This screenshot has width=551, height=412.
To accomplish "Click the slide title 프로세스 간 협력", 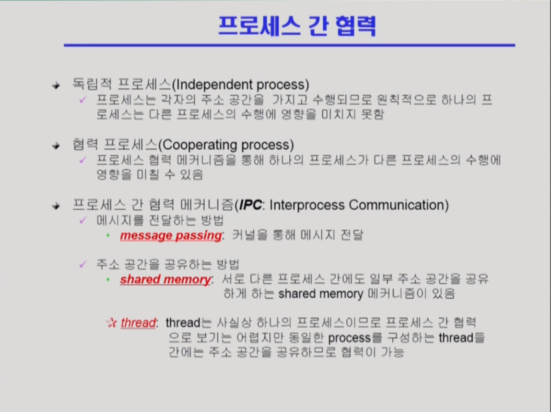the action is pos(297,25).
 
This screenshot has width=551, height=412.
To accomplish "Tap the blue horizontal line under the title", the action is pos(290,45).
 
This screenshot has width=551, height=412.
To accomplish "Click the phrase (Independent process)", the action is pos(241,85).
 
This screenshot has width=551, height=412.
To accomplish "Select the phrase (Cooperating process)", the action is pos(226,145).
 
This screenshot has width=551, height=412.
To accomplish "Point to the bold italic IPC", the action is pos(250,205).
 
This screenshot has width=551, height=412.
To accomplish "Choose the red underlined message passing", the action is pos(171,235).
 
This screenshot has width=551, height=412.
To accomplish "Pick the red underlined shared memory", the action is pos(165,279).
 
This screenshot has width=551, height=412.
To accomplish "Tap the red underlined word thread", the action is pos(138,323).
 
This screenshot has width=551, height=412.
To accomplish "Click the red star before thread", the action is pos(111,323).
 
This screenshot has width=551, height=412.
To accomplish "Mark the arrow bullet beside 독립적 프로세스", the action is pos(56,85).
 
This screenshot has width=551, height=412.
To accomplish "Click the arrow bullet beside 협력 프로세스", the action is pos(56,145).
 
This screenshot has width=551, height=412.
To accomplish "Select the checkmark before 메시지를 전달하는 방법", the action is pos(83,220).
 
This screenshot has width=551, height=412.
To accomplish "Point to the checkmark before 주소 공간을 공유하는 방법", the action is pos(83,264).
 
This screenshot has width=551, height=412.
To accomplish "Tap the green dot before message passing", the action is pos(108,235).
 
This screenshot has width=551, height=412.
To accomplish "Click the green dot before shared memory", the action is pos(108,279).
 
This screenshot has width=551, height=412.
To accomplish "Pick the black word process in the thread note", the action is pos(349,338).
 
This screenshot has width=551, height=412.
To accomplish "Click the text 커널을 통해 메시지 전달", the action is pos(298,235).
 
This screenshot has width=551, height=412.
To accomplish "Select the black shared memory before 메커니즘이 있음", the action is pos(321,293).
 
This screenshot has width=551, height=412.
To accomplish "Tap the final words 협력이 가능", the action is pos(373,352).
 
